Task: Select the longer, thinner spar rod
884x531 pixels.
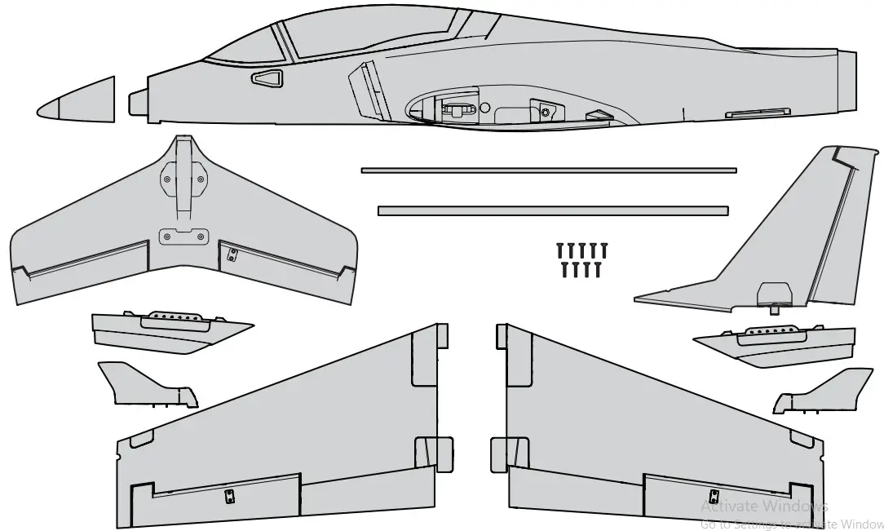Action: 548,170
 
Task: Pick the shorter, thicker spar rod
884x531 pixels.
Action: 552,210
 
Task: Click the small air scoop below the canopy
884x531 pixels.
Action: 266,78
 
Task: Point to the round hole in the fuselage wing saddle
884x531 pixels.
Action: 484,107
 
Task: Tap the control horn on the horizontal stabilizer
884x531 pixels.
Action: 232,254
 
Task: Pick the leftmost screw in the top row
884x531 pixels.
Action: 561,249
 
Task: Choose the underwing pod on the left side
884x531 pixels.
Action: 167,330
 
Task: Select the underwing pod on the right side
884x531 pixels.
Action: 775,342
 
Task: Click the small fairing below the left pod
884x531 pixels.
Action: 147,386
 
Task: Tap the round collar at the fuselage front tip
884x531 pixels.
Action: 138,102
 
